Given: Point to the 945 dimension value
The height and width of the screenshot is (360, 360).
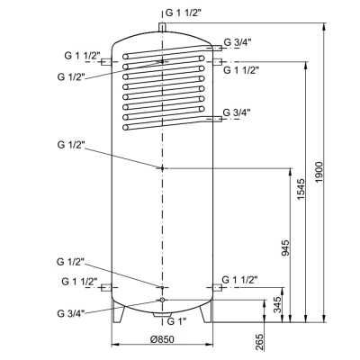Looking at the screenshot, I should click(x=287, y=247).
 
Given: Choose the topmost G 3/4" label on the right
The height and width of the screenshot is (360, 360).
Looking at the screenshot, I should click(x=238, y=41).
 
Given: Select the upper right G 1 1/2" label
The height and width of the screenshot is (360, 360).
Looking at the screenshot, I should click(x=241, y=69).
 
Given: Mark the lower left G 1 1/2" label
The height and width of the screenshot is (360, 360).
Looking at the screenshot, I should click(x=81, y=281).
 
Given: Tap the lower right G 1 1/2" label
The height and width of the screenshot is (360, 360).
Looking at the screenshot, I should click(x=241, y=280).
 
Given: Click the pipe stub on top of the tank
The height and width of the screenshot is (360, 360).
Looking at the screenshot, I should click(x=161, y=29).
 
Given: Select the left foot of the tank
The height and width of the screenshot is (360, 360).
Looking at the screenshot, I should click(x=116, y=315).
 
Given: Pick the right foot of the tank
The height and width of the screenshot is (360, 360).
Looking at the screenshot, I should click(x=206, y=315).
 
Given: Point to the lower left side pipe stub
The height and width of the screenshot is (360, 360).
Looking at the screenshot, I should click(x=105, y=288).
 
